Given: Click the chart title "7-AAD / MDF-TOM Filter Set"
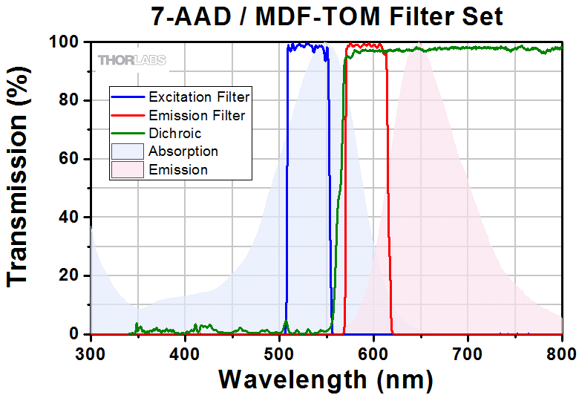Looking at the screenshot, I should pos(327,16).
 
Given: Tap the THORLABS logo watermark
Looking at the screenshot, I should pos(131,59).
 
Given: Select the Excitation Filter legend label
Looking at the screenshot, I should pos(199,97).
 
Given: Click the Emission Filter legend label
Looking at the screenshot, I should pos(197,115).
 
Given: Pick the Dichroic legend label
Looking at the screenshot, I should pos(174,134).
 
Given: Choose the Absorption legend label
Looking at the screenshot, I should pos(183,151).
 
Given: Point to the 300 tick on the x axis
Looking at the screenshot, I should pos(90,351).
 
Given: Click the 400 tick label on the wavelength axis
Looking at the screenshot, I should pos(184,351).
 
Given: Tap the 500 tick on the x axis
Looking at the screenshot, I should pos(278,351).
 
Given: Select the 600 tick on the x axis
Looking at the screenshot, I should pos(373,351).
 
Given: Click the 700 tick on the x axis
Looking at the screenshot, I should pos(468,351).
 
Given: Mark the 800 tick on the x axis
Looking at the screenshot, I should pos(561,351).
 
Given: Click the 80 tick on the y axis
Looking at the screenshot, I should pos(67,101).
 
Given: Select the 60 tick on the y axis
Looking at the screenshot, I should pos(67,159).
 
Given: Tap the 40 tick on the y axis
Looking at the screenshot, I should pos(67,218).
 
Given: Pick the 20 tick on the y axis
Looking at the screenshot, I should pos(67,276).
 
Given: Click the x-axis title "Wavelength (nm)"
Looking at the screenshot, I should pos(326,379).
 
